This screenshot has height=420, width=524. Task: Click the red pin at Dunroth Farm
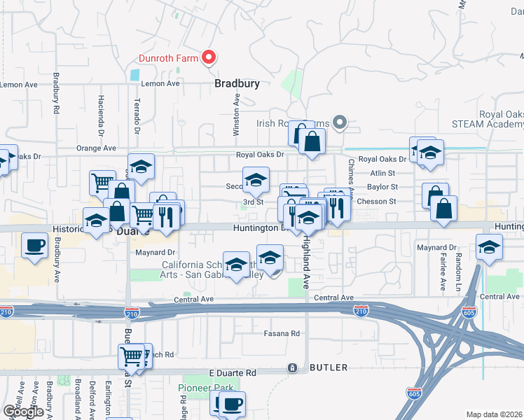coord(208,58)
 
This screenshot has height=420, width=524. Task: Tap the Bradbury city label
coord(237,83)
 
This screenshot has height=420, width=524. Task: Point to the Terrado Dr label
coord(137,116)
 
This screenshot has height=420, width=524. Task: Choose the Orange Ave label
coord(96,148)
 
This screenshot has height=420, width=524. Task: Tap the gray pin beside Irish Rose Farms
coord(340,123)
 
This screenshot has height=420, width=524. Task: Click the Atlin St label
coord(384,173)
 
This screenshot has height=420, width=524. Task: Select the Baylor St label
coord(384,188)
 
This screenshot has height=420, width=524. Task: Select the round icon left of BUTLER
coord(293,367)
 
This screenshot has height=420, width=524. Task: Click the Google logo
coord(22,412)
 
